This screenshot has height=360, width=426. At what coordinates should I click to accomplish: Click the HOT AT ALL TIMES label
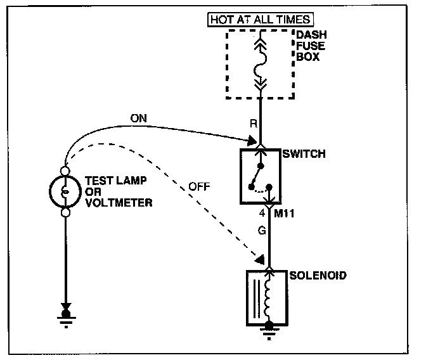tap(260, 20)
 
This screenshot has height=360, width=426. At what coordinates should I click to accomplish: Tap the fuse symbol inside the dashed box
tap(261, 64)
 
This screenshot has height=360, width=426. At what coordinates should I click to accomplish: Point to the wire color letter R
tap(253, 124)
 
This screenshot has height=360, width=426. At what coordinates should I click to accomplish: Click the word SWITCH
tap(305, 154)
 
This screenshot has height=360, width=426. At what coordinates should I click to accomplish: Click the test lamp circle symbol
tap(65, 191)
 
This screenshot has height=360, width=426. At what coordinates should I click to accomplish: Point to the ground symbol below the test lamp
tap(65, 316)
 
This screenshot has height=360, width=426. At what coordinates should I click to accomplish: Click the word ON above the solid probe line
tap(138, 118)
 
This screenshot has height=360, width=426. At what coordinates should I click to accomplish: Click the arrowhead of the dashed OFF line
tap(258, 259)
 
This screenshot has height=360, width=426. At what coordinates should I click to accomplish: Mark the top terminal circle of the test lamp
tap(65, 170)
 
